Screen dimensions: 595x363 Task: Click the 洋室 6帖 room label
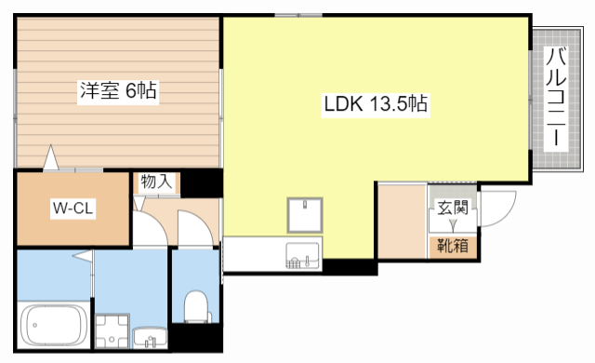click(x=118, y=91)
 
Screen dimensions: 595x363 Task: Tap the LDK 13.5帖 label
click(x=376, y=103)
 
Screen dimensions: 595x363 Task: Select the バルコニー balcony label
click(x=556, y=97)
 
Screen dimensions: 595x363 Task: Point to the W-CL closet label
click(x=73, y=208)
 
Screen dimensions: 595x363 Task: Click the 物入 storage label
click(x=156, y=181)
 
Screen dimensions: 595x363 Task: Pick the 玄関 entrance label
click(x=453, y=208)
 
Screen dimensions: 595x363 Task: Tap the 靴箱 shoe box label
click(x=453, y=247)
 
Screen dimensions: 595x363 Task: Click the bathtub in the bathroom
click(x=53, y=325)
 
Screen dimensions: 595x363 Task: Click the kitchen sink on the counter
click(x=303, y=255)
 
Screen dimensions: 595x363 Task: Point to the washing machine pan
click(x=112, y=331)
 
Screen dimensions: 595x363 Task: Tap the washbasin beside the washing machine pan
click(x=151, y=338)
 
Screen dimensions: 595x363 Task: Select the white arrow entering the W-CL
click(x=51, y=157)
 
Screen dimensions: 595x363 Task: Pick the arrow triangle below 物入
click(x=139, y=203)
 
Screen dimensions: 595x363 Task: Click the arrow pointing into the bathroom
click(x=83, y=256)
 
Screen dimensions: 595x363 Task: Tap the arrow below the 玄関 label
click(x=453, y=226)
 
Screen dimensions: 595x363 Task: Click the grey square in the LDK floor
click(x=305, y=215)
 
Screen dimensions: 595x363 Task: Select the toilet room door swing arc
click(x=196, y=227)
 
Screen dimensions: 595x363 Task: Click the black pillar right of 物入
click(x=201, y=182)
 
